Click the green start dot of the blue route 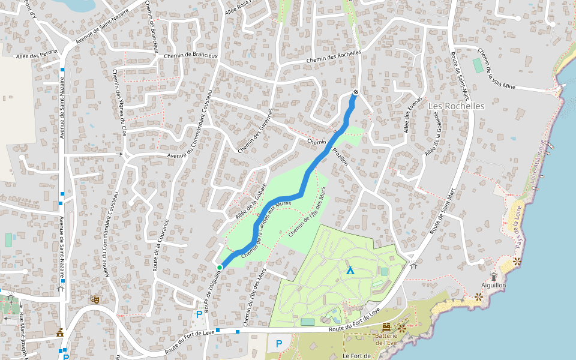(220, 267)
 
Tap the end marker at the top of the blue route (356, 92)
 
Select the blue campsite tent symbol (350, 271)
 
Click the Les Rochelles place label (456, 106)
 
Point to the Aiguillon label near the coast (494, 286)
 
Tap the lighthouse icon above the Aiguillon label (494, 275)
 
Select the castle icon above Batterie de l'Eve (386, 327)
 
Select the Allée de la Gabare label (250, 202)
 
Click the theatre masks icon (94, 298)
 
